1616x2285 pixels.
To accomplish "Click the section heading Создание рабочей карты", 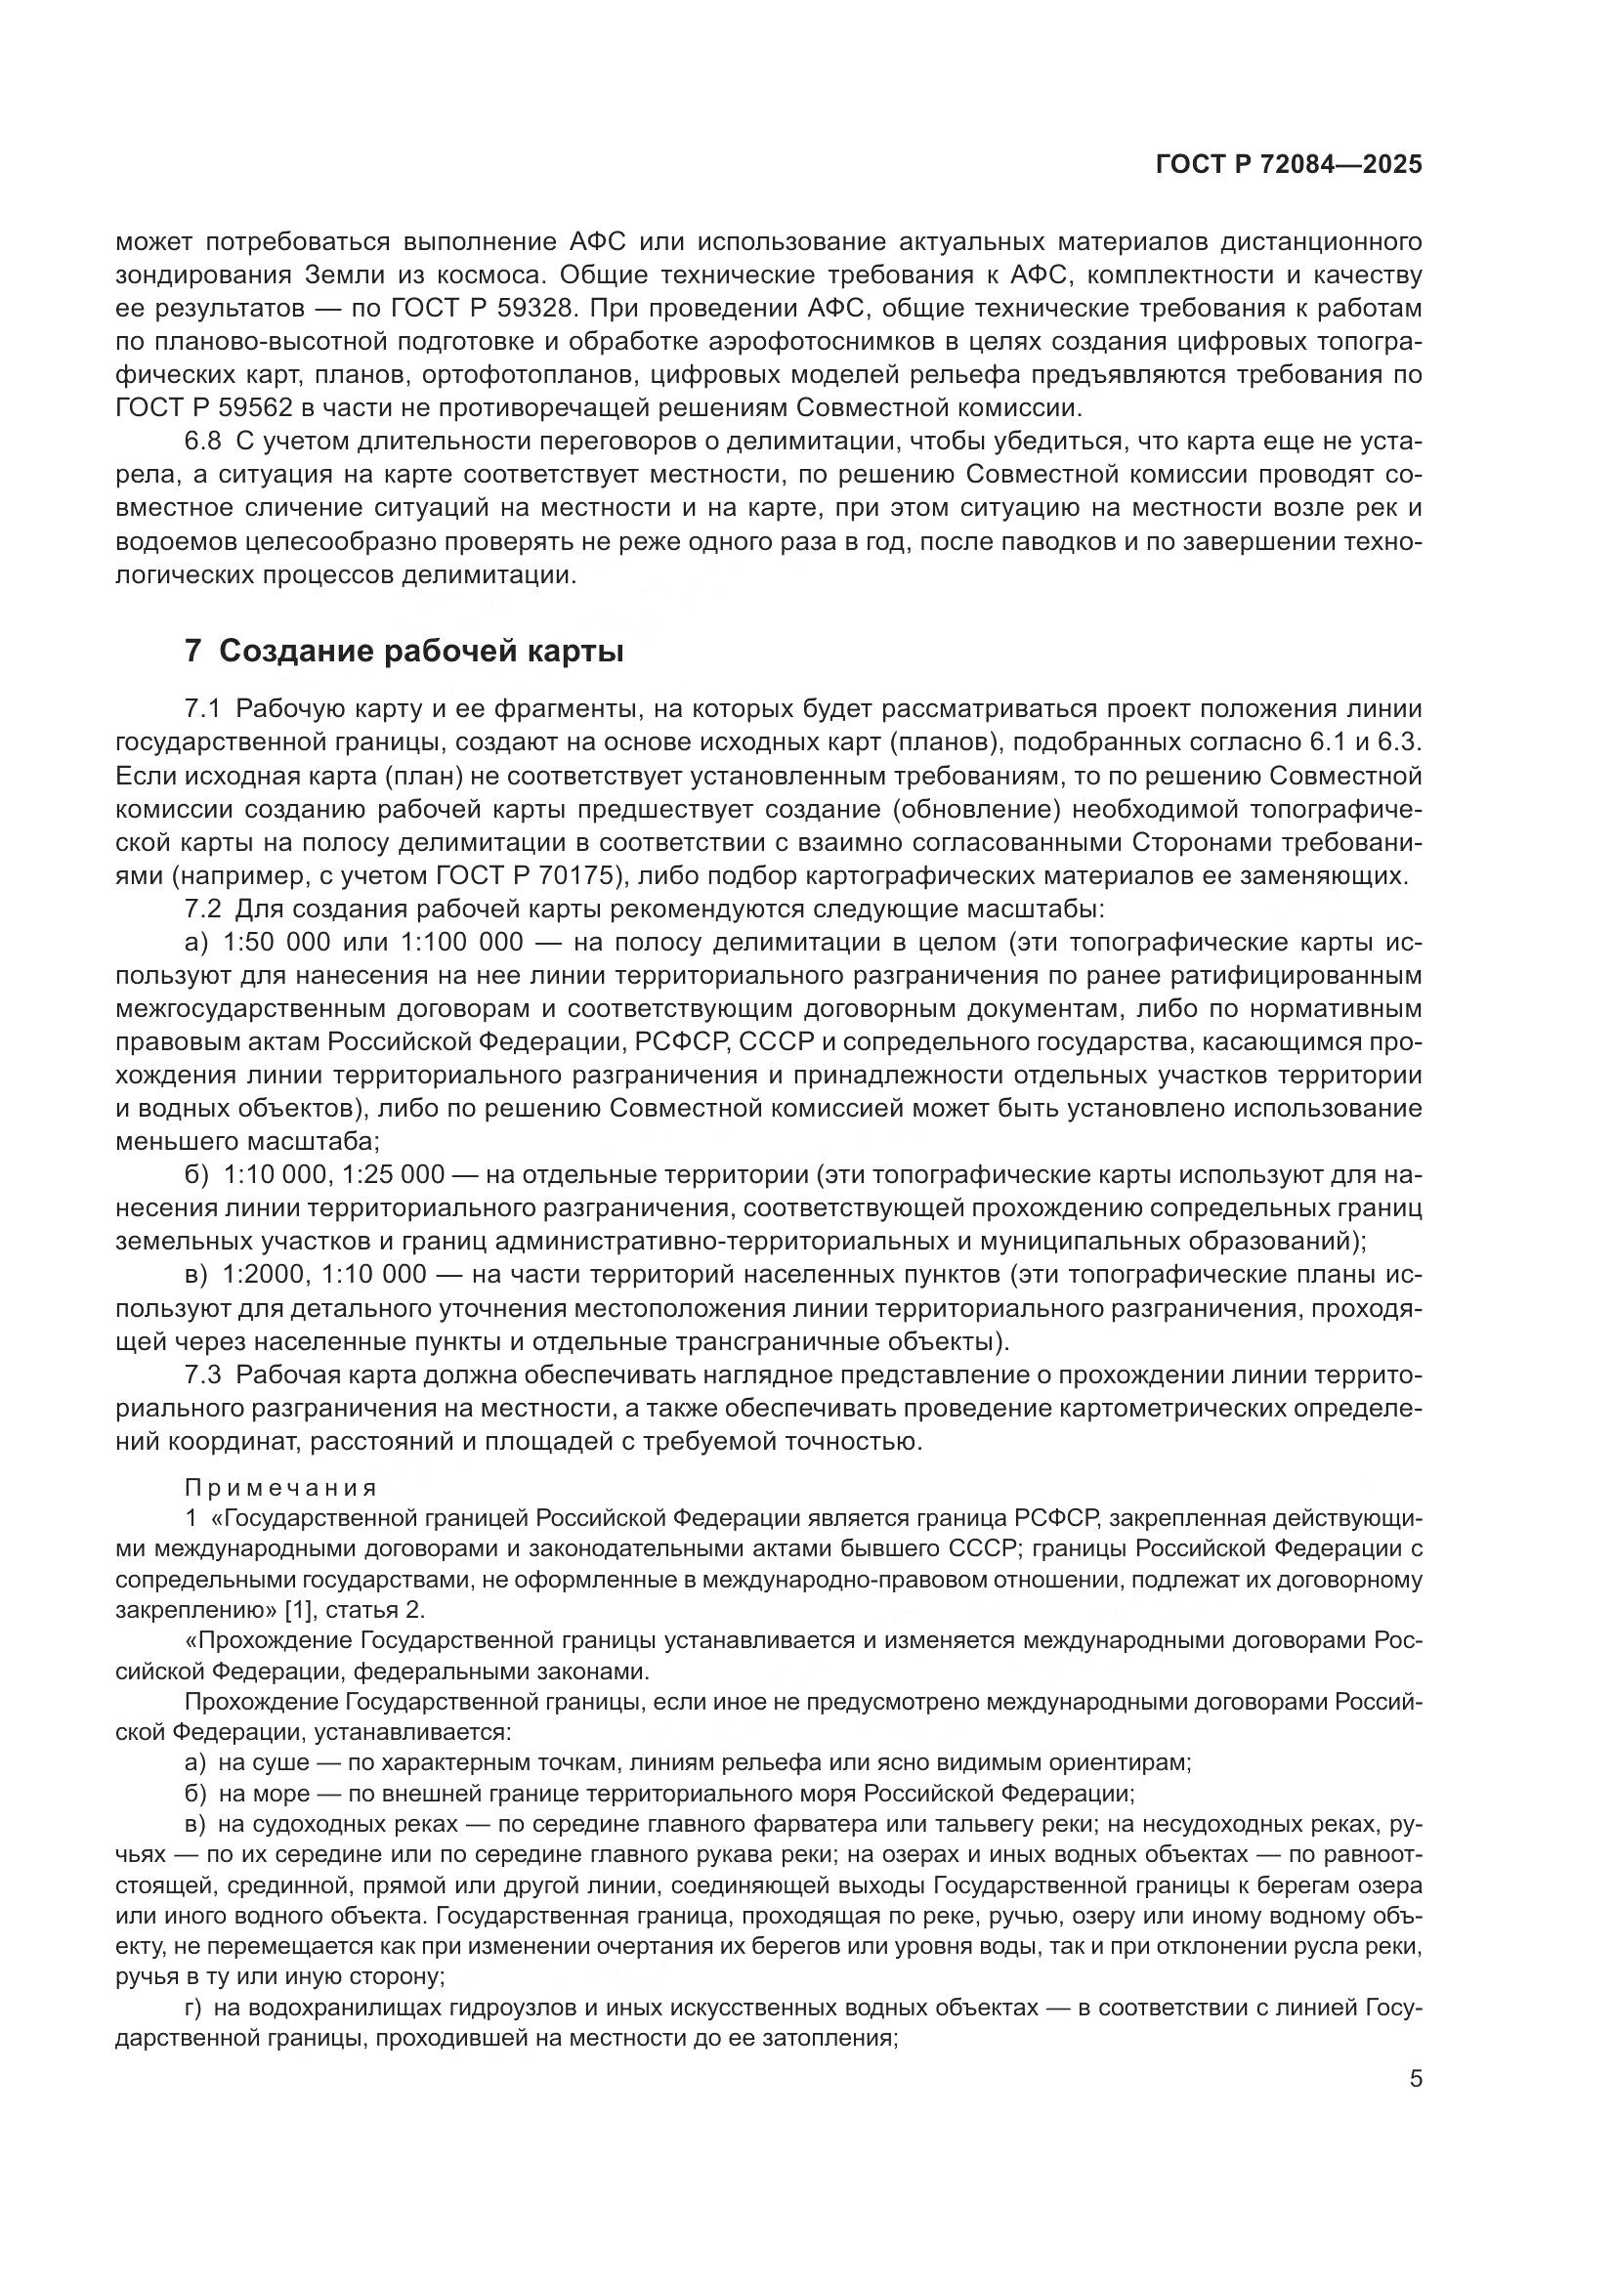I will click(422, 652).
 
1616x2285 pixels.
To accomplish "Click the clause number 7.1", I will click(202, 708).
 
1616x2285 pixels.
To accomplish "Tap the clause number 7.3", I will click(202, 1375).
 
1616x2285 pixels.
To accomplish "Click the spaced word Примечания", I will click(280, 1488).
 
